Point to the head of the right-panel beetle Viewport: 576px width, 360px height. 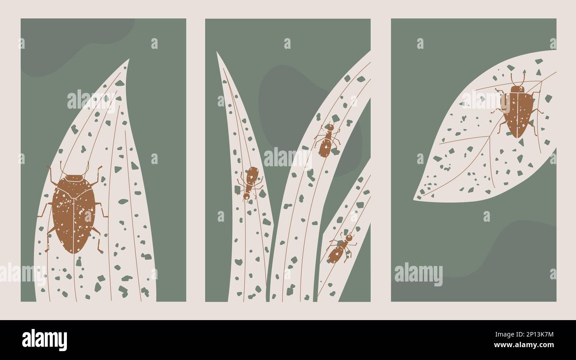pos(518,89)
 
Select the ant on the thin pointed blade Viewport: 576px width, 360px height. pos(250,183)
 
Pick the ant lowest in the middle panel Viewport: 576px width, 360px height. pos(341,249)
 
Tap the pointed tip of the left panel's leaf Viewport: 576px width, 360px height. pos(129,59)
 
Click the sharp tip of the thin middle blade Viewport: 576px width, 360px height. pos(217,52)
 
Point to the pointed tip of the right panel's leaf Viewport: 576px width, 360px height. pos(414,200)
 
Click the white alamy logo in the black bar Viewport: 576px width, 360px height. pos(44,340)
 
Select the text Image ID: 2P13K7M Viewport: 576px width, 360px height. pos(524,334)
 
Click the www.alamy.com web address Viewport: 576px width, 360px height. pos(524,345)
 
